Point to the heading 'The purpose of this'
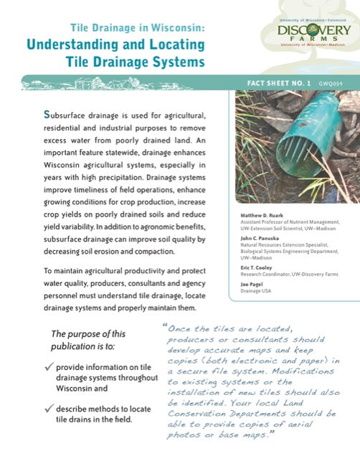click(88, 333)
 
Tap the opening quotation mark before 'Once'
click(166, 326)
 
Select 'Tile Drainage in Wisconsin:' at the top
click(138, 28)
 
